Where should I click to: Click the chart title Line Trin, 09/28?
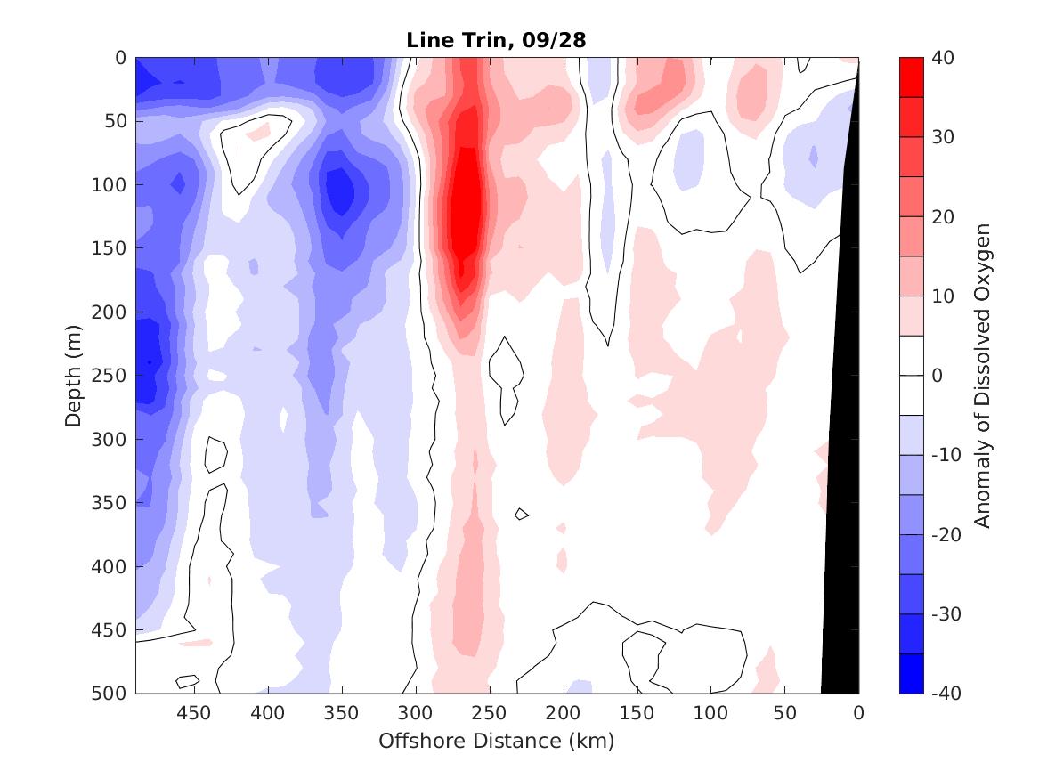coord(496,40)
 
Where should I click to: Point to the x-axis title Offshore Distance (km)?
coord(496,740)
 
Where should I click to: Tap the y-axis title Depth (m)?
coord(73,375)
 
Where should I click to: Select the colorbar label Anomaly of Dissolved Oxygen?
coord(982,375)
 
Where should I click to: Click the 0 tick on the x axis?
coord(858,713)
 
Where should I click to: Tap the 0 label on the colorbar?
coord(937,375)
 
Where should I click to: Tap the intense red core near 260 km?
coord(465,205)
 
